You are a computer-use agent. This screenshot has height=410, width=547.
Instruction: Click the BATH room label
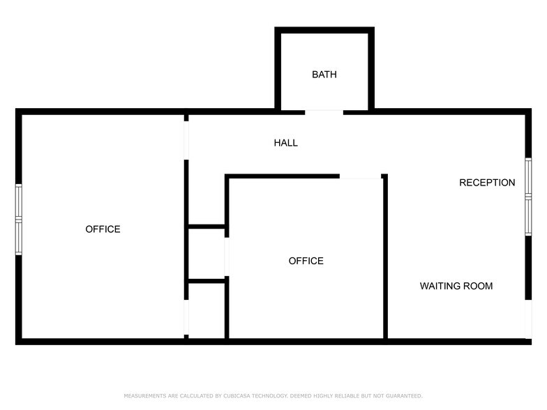pos(324,74)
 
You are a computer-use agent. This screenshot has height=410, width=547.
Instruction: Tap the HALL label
pos(285,143)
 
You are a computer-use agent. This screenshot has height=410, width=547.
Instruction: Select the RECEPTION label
pos(487,183)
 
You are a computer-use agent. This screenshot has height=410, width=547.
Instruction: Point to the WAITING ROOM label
pos(456,286)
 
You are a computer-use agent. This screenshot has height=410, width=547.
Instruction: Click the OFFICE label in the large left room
pos(103,229)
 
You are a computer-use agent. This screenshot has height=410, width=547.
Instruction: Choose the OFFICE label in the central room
pos(306,261)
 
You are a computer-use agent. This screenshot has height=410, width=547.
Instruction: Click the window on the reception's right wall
pos(528,197)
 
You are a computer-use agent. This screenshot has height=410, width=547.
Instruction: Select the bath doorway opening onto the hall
pos(324,112)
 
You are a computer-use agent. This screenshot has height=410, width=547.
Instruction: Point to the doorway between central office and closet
pos(226,255)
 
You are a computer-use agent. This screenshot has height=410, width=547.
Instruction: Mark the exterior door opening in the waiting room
pos(528,319)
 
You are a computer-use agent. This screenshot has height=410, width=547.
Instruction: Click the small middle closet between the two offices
pos(206,254)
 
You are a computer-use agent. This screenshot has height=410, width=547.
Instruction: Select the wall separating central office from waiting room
pos(384,258)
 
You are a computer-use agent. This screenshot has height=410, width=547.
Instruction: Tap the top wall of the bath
pos(324,30)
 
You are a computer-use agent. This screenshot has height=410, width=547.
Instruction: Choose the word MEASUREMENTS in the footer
pos(144,396)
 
